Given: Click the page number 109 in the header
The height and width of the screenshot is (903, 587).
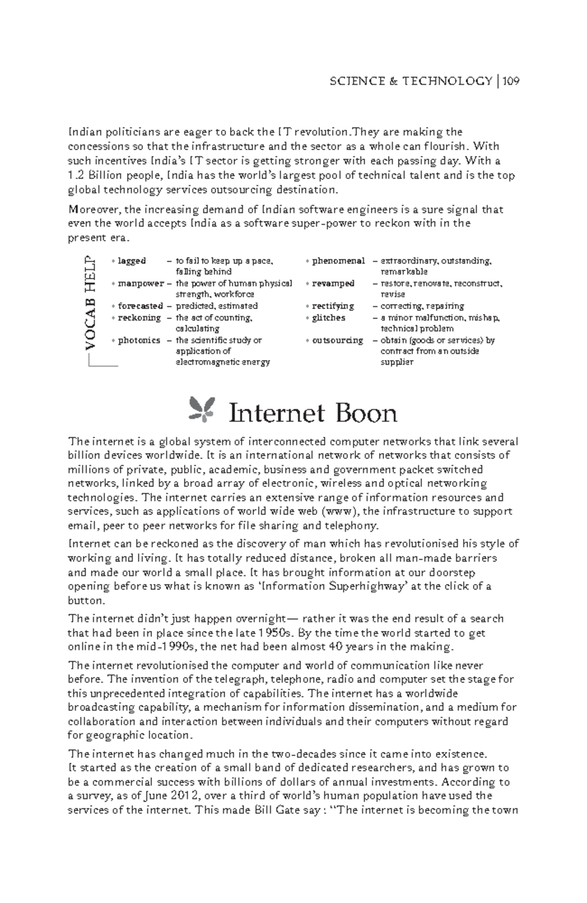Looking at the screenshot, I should click(x=510, y=81).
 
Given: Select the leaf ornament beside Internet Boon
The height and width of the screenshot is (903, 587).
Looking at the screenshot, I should click(x=202, y=408).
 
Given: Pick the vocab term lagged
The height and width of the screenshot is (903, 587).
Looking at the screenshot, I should click(x=132, y=261).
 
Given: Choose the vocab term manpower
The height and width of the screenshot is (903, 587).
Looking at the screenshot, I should click(x=140, y=283).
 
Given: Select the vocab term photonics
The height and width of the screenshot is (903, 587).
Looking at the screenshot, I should click(x=139, y=340).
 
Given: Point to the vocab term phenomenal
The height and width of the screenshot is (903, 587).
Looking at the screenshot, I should click(x=338, y=261).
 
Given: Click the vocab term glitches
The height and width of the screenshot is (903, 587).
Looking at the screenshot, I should click(x=328, y=317).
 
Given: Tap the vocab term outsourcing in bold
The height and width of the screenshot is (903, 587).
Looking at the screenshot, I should click(x=337, y=340).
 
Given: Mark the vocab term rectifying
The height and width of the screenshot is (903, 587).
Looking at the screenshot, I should click(x=333, y=306).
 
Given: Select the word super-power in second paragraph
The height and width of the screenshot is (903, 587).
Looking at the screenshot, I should click(x=332, y=224).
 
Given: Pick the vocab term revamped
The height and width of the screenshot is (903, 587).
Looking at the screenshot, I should click(x=333, y=283).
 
